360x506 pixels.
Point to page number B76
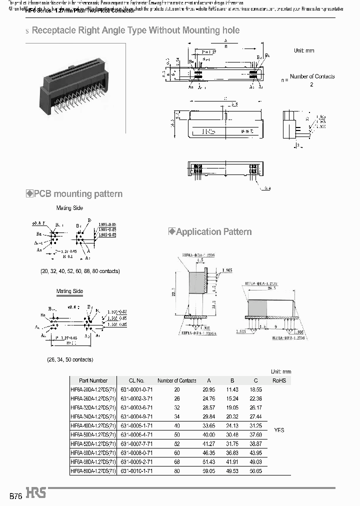click(x=15, y=494)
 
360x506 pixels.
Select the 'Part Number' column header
click(x=93, y=380)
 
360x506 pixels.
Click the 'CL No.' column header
click(x=132, y=380)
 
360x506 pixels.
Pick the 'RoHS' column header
click(x=279, y=380)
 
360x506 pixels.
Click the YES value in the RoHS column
click(x=279, y=430)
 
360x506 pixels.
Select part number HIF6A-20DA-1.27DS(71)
click(x=93, y=389)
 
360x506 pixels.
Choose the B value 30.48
click(x=231, y=434)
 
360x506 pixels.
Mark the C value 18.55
click(x=255, y=389)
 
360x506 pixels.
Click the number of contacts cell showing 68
click(x=176, y=461)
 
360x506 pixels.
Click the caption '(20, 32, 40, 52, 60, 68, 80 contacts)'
click(x=80, y=271)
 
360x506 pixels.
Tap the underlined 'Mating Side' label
click(x=69, y=291)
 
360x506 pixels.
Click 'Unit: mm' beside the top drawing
click(x=304, y=51)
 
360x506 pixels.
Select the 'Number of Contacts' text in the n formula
click(x=312, y=76)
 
